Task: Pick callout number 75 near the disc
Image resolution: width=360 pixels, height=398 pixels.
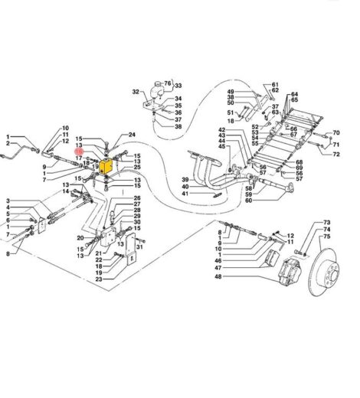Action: click(327, 237)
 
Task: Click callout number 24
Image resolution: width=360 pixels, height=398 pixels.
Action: click(132, 135)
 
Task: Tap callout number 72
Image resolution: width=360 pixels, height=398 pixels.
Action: click(335, 155)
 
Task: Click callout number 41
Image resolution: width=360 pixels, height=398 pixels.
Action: click(185, 194)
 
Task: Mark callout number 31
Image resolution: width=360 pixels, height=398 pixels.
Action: click(139, 246)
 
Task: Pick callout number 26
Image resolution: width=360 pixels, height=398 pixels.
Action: click(136, 199)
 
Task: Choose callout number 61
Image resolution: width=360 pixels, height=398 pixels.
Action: click(275, 84)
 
